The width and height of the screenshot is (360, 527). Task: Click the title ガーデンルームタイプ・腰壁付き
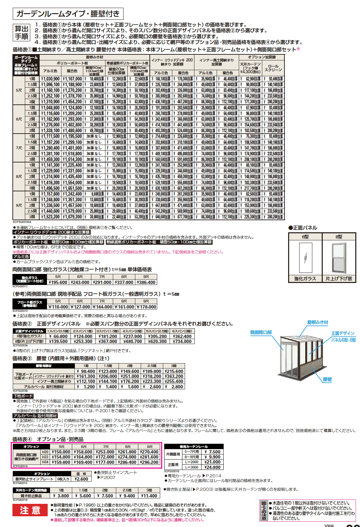[x=68, y=14]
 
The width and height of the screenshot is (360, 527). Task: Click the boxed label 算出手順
[x=21, y=33]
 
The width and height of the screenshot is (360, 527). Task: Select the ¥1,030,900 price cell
[x=50, y=79]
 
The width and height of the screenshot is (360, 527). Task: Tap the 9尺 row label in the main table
[x=19, y=205]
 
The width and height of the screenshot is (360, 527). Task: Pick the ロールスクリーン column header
[x=273, y=68]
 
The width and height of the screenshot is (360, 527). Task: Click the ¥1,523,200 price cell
[x=50, y=217]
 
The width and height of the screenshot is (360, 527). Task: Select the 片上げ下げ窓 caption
[x=339, y=279]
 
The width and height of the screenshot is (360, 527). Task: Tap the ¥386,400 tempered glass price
[x=146, y=282]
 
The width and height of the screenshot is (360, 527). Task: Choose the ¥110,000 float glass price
[x=58, y=307]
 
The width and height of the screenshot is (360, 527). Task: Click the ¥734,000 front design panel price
[x=182, y=341]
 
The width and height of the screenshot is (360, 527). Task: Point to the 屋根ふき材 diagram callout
[x=317, y=322]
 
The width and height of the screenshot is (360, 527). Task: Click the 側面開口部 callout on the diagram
[x=261, y=332]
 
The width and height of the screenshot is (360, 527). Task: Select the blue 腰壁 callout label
[x=327, y=379]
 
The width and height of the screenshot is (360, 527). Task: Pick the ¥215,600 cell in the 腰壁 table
[x=174, y=371]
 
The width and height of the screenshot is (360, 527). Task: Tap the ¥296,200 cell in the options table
[x=149, y=462]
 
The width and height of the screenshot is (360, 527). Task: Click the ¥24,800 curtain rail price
[x=212, y=467]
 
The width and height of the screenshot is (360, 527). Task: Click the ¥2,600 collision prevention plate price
[x=81, y=479]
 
